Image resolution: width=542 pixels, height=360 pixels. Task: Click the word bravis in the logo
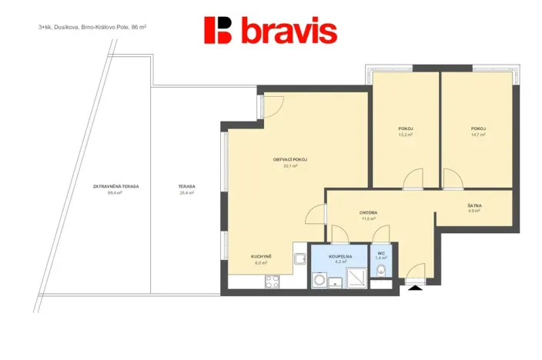click(x=289, y=32)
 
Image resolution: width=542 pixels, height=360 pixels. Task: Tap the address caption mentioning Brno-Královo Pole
click(x=92, y=26)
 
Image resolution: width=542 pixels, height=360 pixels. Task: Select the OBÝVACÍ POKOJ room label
click(x=285, y=159)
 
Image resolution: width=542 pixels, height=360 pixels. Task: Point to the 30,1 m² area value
click(x=285, y=165)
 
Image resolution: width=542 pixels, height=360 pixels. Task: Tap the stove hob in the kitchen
click(x=273, y=282)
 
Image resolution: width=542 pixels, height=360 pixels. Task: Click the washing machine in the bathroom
click(x=320, y=281)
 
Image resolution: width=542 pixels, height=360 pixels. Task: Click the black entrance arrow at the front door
click(x=416, y=288)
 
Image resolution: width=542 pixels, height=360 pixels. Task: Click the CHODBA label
click(x=368, y=212)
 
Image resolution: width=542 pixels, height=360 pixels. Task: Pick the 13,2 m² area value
click(x=405, y=135)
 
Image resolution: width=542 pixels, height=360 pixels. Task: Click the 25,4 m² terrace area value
click(x=186, y=193)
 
